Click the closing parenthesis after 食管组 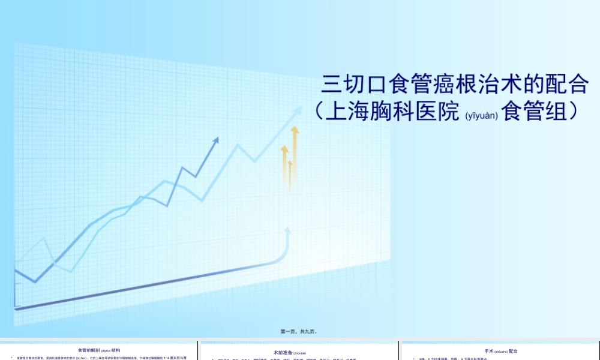(x=574, y=112)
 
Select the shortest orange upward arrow (x=290, y=163)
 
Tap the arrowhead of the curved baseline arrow (x=288, y=230)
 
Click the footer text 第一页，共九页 (x=298, y=331)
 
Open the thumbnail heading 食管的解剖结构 (x=99, y=350)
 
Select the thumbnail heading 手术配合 (x=500, y=351)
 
